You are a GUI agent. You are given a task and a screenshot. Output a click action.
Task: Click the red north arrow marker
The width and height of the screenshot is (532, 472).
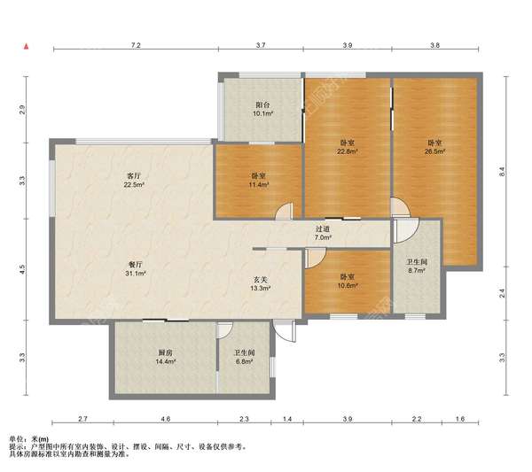[26, 46]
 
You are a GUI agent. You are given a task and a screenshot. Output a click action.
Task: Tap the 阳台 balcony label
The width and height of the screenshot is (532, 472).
[263, 104]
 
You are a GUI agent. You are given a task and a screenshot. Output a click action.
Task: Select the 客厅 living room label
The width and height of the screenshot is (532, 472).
[134, 176]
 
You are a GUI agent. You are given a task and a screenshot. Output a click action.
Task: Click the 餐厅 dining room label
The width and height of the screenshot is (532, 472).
[136, 264]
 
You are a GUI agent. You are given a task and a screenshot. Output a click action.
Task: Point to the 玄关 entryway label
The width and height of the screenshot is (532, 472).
[261, 280]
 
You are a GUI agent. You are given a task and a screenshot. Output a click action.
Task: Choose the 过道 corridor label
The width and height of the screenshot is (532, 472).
[323, 229]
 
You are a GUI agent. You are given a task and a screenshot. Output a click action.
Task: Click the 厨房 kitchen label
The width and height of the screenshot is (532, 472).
[165, 352]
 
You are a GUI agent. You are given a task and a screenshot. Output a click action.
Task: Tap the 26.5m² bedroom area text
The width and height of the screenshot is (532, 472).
[435, 151]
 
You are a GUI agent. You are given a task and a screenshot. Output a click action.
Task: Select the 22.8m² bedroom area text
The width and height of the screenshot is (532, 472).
[348, 151]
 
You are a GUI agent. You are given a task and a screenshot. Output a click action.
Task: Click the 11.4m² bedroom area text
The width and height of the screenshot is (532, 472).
[259, 185]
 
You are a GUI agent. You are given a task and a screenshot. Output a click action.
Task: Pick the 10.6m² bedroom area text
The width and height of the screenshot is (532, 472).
[348, 285]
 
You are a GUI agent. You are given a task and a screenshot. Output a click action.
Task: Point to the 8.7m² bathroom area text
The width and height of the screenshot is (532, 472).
[417, 270]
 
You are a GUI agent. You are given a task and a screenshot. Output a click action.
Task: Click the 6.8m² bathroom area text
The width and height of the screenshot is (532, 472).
[245, 361]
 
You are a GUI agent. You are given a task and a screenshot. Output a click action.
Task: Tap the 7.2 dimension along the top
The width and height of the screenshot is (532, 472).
[136, 45]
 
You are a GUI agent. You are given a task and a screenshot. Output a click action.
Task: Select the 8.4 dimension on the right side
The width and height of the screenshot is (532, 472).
[503, 172]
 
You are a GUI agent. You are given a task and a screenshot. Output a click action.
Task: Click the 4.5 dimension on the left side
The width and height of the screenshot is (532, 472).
[22, 270]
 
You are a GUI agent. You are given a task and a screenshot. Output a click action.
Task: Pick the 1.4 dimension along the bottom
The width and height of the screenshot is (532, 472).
[287, 419]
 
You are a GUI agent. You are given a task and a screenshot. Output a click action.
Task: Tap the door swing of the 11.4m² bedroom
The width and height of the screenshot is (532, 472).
[284, 212]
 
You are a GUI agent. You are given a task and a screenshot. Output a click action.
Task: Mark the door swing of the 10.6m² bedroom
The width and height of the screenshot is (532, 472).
[315, 258]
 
